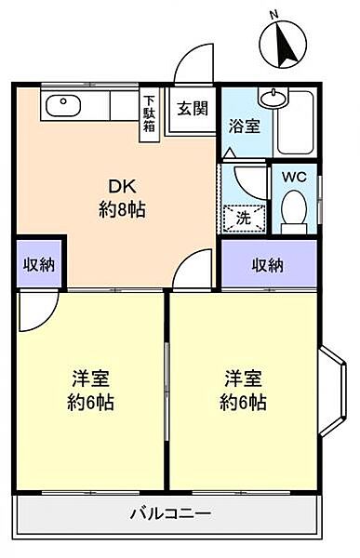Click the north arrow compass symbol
pos(283,45)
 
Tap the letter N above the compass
pos(273,15)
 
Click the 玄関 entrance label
pos(193,109)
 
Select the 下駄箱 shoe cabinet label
pos(149,113)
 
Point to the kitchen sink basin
pos(63,106)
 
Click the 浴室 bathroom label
pos(244,126)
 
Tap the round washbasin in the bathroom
pos(273,98)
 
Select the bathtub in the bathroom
pos(295,123)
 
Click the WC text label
pos(294,177)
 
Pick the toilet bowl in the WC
pos(294,211)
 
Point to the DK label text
pos(122,187)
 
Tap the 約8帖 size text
pos(122,210)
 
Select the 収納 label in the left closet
pos(39,264)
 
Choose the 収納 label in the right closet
pos(268,265)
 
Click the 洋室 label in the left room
pos(90,379)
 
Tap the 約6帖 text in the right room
pos(243,403)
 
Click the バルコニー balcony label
pos(171,514)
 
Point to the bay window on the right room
pos(332,391)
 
